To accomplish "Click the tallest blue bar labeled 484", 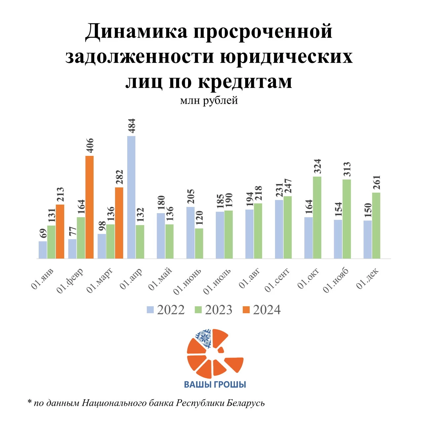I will [x=132, y=197].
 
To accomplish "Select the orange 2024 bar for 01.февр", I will [x=90, y=207].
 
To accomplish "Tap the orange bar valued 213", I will [x=60, y=231].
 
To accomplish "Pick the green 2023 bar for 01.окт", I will [x=317, y=217].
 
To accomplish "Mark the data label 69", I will [x=43, y=233].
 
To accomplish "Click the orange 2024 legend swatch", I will [x=247, y=310].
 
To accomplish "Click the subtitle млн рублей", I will [x=209, y=100].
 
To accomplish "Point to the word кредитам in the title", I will [x=245, y=81].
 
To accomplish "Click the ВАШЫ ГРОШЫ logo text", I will [x=215, y=384].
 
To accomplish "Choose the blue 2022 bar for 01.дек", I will [x=367, y=239].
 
